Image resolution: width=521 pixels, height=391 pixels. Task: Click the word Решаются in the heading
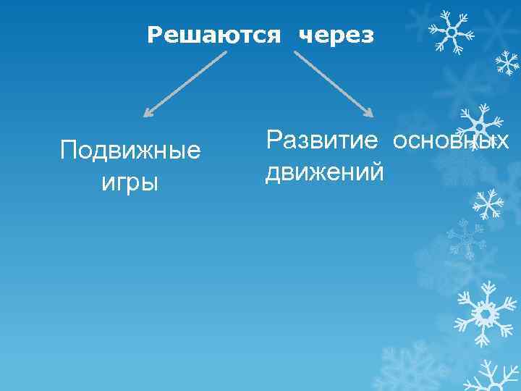[x=213, y=35]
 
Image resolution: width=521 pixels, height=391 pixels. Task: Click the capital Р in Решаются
[x=153, y=35]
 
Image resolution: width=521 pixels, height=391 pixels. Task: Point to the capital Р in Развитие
[x=274, y=139]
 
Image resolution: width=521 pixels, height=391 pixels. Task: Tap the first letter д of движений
[x=272, y=174]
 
